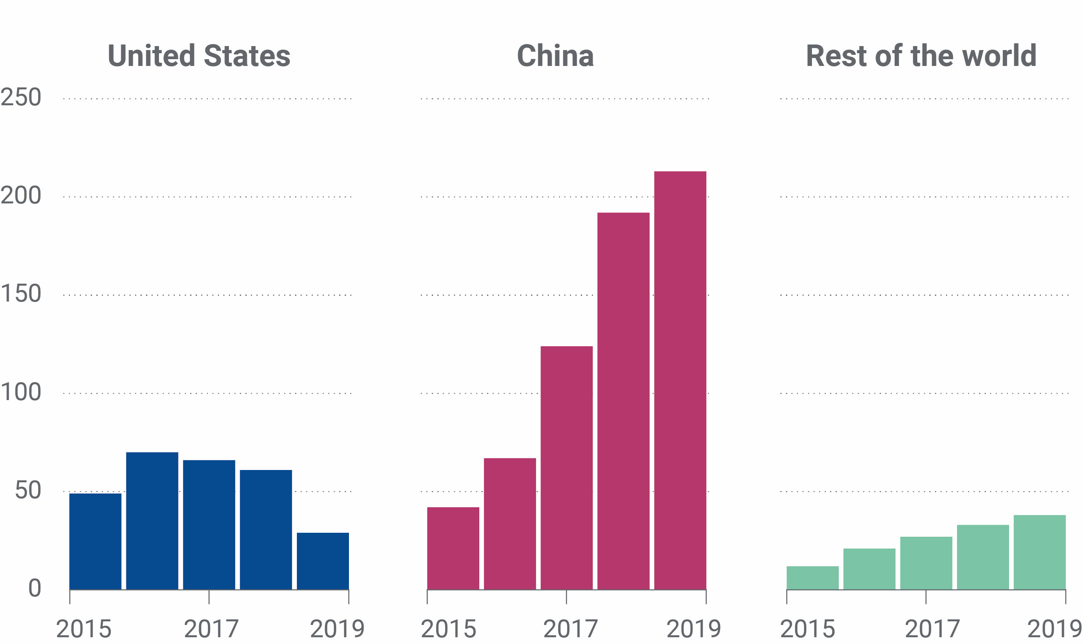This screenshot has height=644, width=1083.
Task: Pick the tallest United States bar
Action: (152, 521)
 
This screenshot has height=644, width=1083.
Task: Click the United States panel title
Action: (199, 56)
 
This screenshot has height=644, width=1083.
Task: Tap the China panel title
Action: (555, 56)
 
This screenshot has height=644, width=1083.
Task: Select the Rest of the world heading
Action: (921, 56)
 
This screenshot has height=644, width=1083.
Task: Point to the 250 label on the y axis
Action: (21, 97)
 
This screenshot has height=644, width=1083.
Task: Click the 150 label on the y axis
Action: (21, 294)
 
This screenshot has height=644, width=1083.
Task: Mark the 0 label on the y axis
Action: (34, 588)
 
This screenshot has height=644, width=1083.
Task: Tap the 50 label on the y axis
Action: (28, 490)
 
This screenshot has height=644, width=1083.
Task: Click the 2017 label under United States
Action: (211, 629)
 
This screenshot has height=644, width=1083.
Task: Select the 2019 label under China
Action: (693, 629)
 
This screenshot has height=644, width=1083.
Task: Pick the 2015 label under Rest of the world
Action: (807, 629)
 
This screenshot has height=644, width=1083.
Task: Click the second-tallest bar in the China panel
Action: (623, 401)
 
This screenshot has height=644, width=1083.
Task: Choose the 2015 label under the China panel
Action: (448, 629)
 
